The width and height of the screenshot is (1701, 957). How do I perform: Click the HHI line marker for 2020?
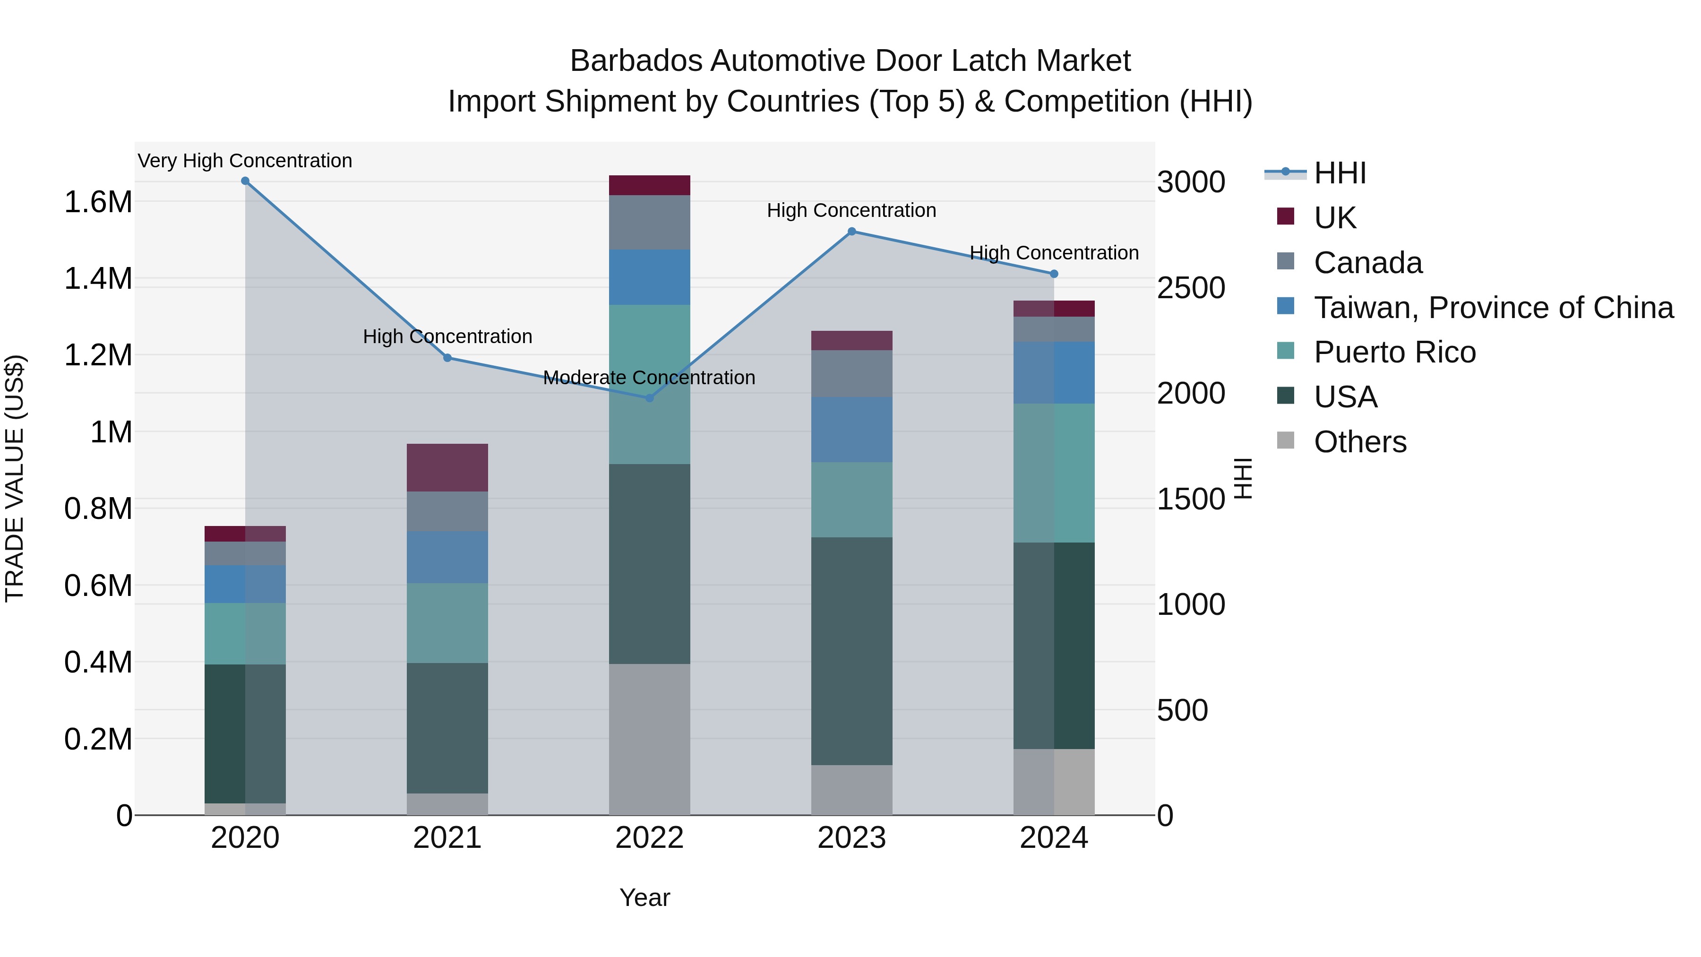245,181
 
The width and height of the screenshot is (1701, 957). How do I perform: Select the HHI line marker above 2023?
852,231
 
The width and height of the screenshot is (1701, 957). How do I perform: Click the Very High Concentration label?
245,161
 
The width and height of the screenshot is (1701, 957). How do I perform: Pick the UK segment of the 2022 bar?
649,186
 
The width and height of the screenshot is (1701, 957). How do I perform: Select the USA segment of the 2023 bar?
852,651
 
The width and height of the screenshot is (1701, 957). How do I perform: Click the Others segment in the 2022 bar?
649,739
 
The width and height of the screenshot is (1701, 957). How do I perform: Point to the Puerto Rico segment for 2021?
447,623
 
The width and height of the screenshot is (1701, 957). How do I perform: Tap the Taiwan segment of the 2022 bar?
649,277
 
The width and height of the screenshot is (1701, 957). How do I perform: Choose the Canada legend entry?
1367,263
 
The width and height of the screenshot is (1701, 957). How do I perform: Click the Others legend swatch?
1286,440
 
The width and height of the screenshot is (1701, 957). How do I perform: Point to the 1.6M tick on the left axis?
98,202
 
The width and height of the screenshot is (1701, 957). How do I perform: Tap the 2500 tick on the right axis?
1191,288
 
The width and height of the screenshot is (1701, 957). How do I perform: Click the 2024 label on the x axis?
1053,838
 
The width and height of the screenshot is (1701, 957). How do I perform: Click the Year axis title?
644,897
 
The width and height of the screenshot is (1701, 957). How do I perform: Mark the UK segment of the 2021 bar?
447,467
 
